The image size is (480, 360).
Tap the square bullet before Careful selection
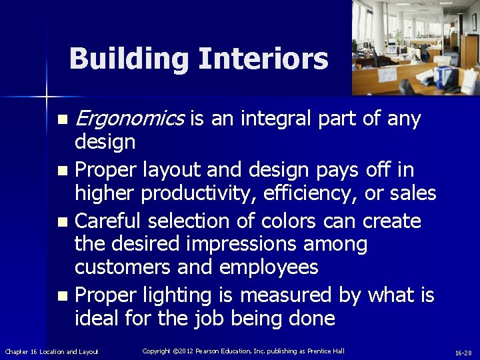click(x=62, y=221)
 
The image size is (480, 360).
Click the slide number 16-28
click(x=463, y=352)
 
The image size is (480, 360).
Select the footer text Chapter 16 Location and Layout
click(x=51, y=351)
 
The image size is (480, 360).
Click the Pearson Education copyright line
click(x=243, y=351)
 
